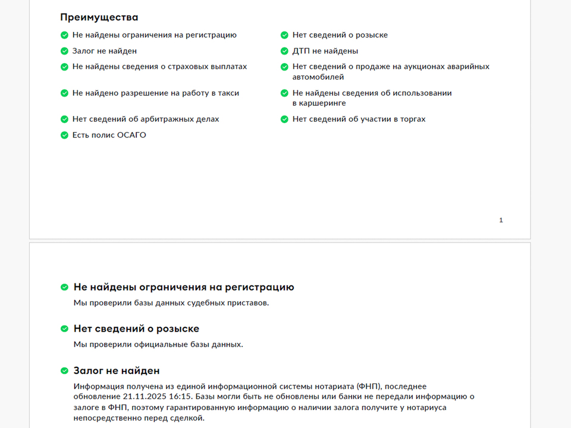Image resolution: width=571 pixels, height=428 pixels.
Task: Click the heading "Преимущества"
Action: (x=99, y=17)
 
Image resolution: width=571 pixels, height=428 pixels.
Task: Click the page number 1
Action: (x=501, y=221)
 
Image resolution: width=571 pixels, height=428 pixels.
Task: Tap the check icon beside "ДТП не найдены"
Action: (x=284, y=51)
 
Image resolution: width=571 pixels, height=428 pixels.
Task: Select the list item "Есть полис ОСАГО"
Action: (x=109, y=135)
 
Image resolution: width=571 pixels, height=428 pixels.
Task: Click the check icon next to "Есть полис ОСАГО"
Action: (x=64, y=135)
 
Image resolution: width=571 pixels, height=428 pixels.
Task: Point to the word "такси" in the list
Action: (x=228, y=93)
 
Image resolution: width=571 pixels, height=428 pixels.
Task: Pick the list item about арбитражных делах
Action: (x=146, y=119)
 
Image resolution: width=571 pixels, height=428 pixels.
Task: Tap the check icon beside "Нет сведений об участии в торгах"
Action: (x=284, y=119)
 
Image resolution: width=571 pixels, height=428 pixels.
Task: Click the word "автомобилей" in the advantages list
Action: (x=318, y=77)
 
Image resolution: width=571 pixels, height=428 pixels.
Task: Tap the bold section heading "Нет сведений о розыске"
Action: (x=136, y=329)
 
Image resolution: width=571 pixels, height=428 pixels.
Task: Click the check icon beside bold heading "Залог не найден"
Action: (x=64, y=371)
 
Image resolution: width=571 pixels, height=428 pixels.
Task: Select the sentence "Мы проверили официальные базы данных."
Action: (x=158, y=344)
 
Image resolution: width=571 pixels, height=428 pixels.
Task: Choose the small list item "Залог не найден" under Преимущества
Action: (x=105, y=51)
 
